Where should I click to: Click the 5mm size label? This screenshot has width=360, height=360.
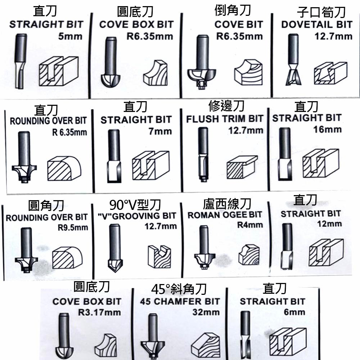point(70,36)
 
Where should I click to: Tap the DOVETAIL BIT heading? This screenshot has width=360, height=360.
point(317,25)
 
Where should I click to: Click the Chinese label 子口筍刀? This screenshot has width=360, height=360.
point(321,13)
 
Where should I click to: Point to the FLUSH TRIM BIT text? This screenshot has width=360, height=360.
point(225,119)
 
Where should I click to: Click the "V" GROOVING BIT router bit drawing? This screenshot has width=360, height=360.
point(114,249)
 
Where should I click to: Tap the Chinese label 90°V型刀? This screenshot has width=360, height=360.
point(135,205)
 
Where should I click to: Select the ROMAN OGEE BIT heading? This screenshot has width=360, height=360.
point(225,215)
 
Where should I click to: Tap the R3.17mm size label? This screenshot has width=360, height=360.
point(99,312)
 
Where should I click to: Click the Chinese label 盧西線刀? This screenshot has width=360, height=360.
point(227,204)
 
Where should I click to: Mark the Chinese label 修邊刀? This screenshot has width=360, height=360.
point(226,106)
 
